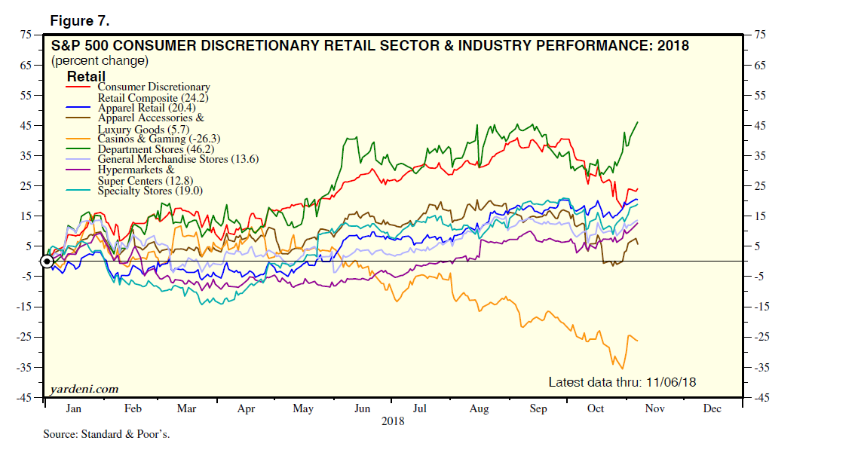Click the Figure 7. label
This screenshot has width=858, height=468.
pyautogui.click(x=80, y=19)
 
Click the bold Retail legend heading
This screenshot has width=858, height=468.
pyautogui.click(x=86, y=76)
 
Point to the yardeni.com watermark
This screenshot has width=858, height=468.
pyautogui.click(x=84, y=389)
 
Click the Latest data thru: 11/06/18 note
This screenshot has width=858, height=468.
pyautogui.click(x=621, y=382)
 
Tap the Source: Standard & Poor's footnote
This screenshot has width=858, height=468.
pyautogui.click(x=106, y=435)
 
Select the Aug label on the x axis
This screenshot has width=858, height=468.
pyautogui.click(x=479, y=408)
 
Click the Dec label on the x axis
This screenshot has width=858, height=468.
pyautogui.click(x=712, y=408)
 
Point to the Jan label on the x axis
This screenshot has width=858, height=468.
pyautogui.click(x=74, y=408)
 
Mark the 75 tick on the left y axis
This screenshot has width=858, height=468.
pyautogui.click(x=26, y=35)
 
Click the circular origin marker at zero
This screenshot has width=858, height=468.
pyautogui.click(x=47, y=262)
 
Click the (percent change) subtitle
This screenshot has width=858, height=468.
pyautogui.click(x=100, y=60)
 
